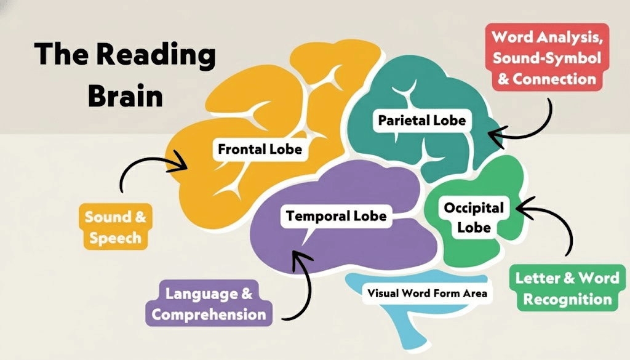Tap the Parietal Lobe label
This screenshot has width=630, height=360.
[422, 119]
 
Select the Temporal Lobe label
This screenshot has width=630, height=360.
[336, 216]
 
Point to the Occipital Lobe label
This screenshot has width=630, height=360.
[474, 217]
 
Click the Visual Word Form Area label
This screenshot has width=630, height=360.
[427, 293]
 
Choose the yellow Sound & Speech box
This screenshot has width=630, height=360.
[116, 227]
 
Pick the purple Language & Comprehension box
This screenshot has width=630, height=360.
[209, 305]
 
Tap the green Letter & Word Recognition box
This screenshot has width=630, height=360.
[567, 288]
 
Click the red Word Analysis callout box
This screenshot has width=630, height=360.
[546, 57]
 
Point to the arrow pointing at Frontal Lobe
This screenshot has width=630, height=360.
[148, 169]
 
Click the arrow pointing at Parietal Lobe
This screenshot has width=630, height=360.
[523, 126]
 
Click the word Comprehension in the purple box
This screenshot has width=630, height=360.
[209, 314]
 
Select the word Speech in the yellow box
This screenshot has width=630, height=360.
[115, 238]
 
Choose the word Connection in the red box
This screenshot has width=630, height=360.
[555, 79]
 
